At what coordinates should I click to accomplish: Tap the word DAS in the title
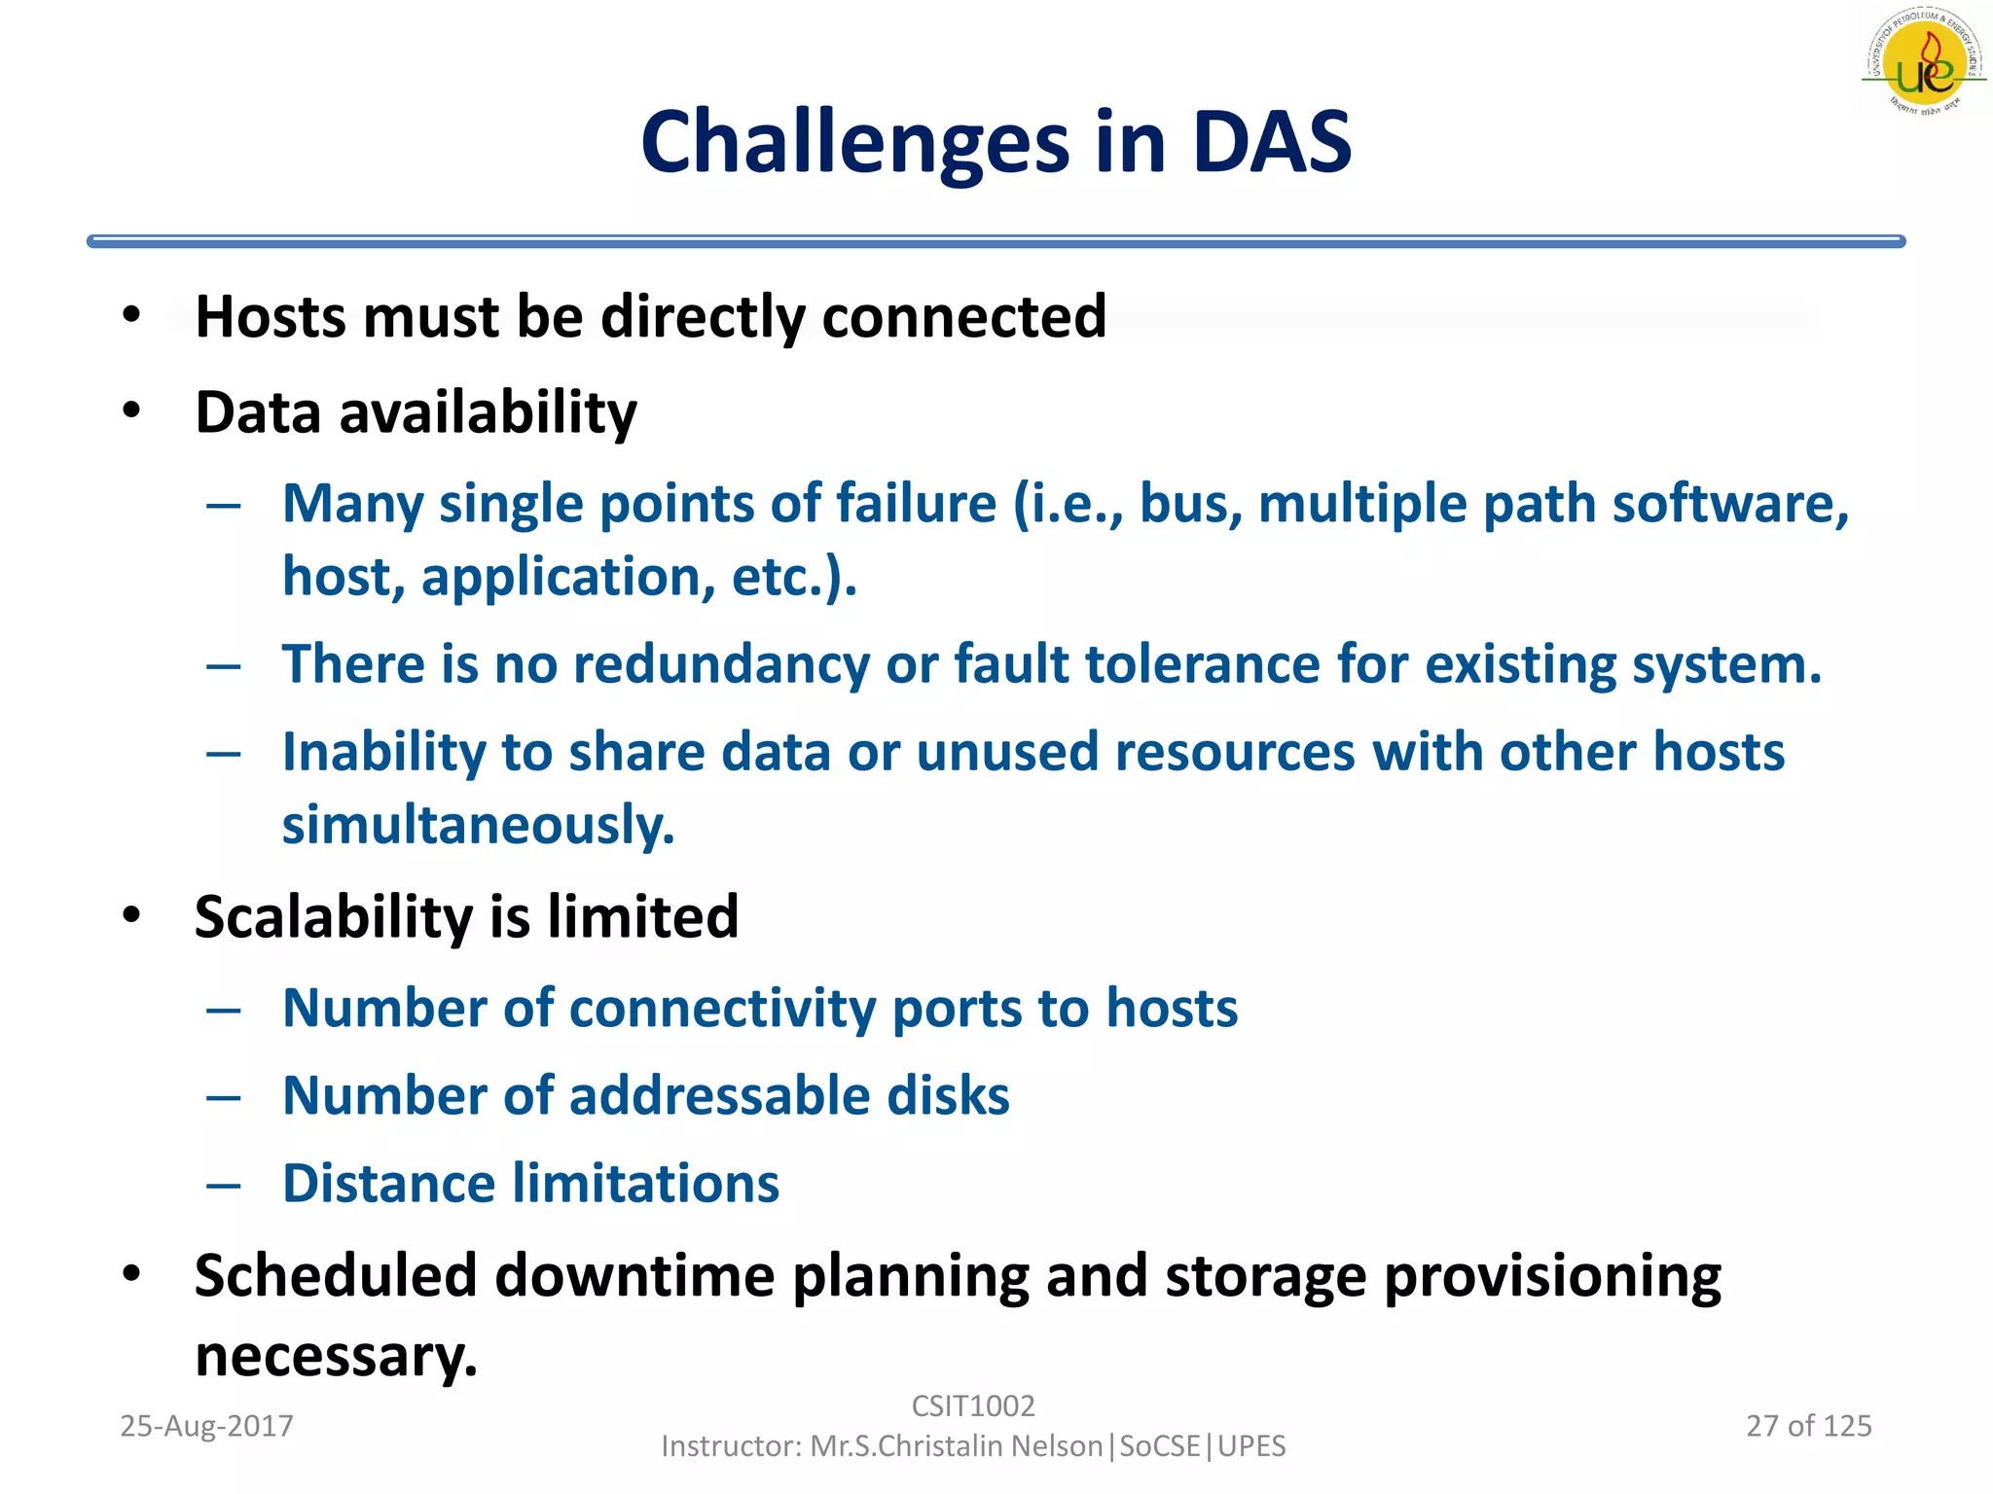point(1271,143)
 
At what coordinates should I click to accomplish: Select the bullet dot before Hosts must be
point(131,315)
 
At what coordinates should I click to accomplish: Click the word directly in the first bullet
point(703,317)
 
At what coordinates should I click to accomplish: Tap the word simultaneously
point(477,825)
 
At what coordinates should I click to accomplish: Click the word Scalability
point(333,916)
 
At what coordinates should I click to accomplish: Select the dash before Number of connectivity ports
point(224,1010)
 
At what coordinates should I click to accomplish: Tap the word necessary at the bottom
point(336,1356)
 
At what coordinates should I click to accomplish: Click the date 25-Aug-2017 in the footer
point(206,1426)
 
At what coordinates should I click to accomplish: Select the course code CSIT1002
point(972,1405)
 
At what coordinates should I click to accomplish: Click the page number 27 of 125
point(1808,1426)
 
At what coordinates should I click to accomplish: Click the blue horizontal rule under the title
point(995,241)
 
